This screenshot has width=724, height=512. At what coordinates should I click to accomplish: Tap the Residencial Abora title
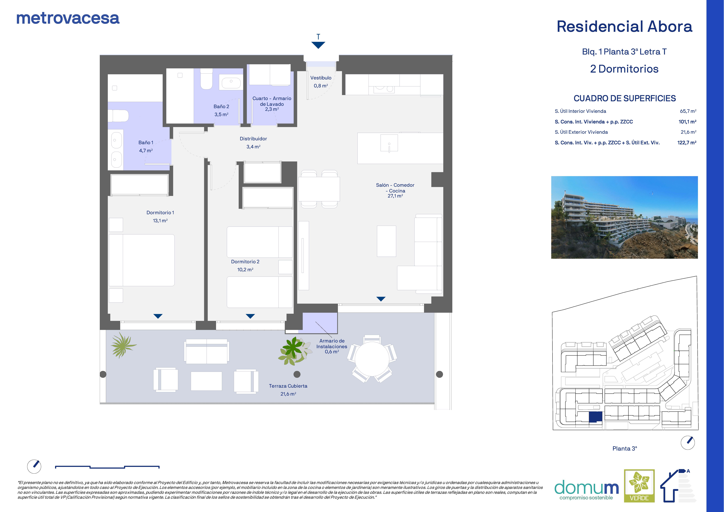(624, 27)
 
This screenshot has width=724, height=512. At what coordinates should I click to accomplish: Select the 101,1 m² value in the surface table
(687, 122)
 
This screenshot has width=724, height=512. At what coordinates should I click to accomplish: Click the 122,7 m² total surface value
(687, 143)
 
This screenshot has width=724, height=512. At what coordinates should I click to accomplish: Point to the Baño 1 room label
(146, 143)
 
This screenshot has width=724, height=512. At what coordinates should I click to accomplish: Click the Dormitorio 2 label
(245, 262)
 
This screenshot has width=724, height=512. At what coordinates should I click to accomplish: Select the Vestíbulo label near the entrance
(321, 78)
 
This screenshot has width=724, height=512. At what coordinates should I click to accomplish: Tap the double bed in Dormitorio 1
(142, 260)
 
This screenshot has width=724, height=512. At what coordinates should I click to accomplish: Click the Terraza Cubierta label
(288, 386)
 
